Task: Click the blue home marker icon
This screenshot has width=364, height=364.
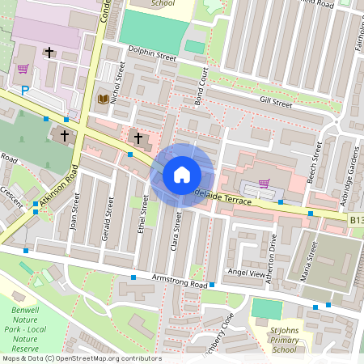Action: click(x=182, y=175)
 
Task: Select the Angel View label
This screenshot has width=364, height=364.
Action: click(x=246, y=274)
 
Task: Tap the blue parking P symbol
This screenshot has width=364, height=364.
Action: click(x=25, y=91)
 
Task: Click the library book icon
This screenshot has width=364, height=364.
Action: click(x=103, y=99)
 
